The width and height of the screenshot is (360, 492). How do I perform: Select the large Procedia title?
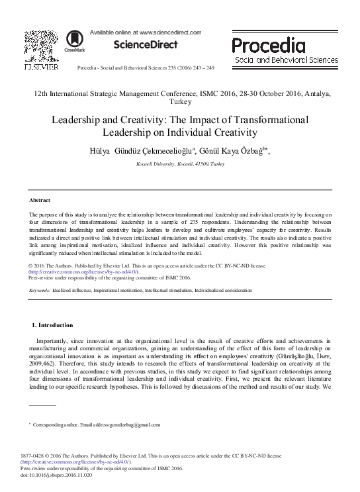click(268, 45)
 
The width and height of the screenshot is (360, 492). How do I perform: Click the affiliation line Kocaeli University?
click(179, 163)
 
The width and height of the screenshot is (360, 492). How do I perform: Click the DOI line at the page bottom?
click(58, 474)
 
